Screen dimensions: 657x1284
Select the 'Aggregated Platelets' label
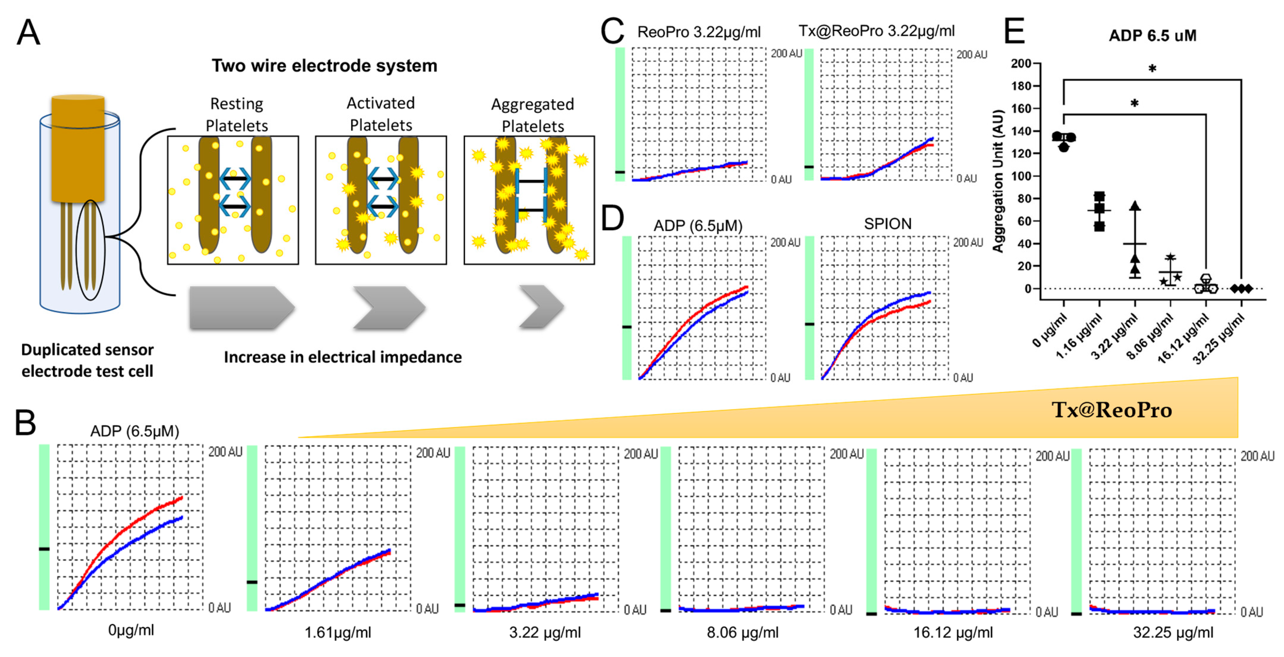coord(532,115)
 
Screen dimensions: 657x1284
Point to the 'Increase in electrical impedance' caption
coord(342,357)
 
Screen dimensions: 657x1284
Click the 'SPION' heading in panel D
coord(888,224)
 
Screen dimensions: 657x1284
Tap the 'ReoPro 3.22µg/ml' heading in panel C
coord(699,32)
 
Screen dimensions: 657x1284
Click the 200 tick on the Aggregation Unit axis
coord(1021,63)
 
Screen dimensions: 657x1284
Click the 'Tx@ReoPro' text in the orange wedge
coord(1111,410)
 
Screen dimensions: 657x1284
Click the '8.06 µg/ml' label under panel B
coord(742,633)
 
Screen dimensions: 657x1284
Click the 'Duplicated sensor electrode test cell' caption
coord(87,360)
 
